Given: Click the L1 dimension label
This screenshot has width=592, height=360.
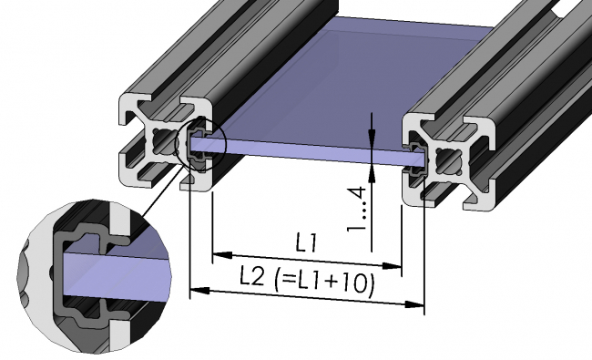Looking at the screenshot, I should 305,243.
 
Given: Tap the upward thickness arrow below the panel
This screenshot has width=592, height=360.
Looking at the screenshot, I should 373,170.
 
